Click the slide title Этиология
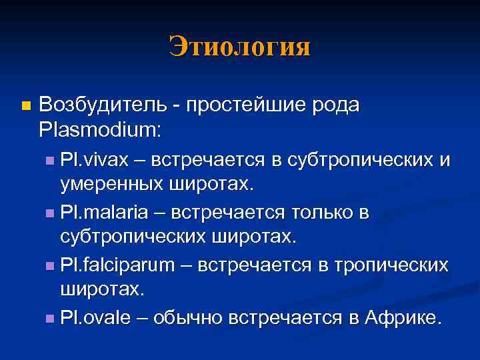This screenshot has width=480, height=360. [239, 47]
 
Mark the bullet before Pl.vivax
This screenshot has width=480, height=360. [51, 161]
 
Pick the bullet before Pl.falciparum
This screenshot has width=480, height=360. [51, 266]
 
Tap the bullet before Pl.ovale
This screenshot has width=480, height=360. [51, 318]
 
